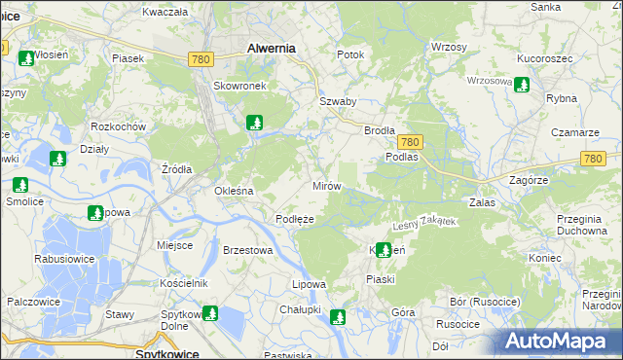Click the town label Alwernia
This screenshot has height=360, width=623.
(272, 47)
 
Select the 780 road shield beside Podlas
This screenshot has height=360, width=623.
(409, 142)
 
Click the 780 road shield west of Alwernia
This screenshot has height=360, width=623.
(201, 59)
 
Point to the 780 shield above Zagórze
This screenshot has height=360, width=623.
(593, 159)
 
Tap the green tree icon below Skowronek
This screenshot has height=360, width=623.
(254, 123)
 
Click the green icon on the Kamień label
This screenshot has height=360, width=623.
(384, 250)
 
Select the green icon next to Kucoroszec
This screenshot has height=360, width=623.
(521, 85)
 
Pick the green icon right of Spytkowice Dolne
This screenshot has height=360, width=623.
(209, 313)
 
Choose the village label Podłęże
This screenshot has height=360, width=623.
(294, 219)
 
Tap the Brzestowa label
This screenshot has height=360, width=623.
(246, 250)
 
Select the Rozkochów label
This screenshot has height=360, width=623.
(118, 126)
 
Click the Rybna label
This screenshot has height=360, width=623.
(562, 99)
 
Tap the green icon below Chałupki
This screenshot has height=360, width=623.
(337, 316)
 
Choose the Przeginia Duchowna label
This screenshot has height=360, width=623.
(583, 225)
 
